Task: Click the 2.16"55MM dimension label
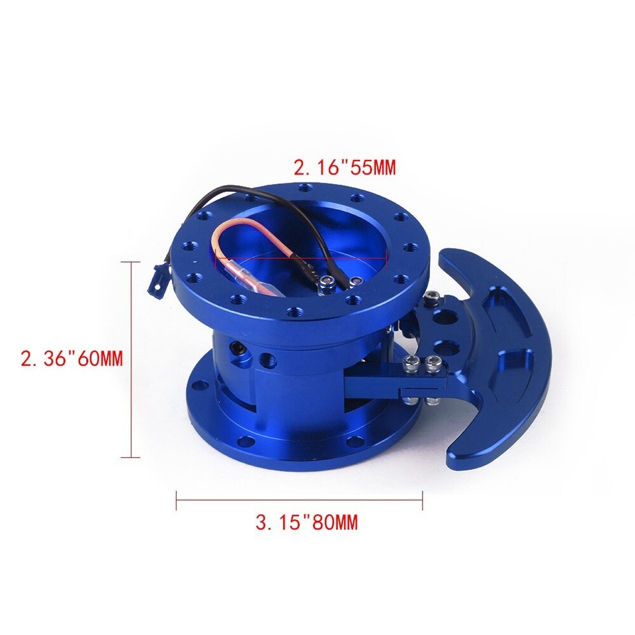click(344, 167)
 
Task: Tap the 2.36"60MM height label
click(72, 359)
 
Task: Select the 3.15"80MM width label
click(306, 523)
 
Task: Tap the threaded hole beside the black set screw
click(267, 360)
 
